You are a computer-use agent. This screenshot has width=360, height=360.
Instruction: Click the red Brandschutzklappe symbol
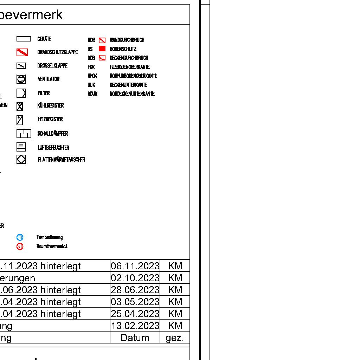(22, 52)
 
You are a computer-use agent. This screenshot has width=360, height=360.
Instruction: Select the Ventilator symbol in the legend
(21, 79)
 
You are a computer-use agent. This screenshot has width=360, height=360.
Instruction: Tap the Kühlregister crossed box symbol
(20, 106)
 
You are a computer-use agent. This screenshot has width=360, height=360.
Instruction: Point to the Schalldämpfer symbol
(24, 134)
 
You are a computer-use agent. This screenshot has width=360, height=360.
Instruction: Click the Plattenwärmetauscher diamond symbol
(21, 160)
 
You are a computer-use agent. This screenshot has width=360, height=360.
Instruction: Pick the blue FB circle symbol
(20, 237)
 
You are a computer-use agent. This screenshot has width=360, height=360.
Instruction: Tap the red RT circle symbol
(20, 246)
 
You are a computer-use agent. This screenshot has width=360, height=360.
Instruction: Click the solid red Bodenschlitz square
(102, 49)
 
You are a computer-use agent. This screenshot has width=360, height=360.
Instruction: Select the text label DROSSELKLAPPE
(52, 66)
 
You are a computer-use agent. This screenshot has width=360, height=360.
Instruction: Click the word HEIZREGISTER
(50, 119)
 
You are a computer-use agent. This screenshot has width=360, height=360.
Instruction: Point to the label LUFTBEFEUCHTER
(53, 148)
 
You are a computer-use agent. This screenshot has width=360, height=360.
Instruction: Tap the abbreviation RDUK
(92, 94)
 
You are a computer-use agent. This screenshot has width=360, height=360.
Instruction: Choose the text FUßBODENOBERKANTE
(129, 67)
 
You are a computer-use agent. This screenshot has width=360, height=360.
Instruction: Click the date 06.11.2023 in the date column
(135, 266)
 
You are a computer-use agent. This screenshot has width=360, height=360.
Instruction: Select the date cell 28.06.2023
(135, 290)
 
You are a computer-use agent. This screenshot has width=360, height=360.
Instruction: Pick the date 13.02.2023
(135, 326)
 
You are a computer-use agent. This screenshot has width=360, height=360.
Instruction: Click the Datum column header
(135, 338)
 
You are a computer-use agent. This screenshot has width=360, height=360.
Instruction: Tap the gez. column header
(175, 338)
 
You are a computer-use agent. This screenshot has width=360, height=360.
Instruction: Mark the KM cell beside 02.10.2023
(175, 278)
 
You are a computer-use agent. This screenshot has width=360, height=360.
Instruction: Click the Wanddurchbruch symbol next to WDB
(102, 40)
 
